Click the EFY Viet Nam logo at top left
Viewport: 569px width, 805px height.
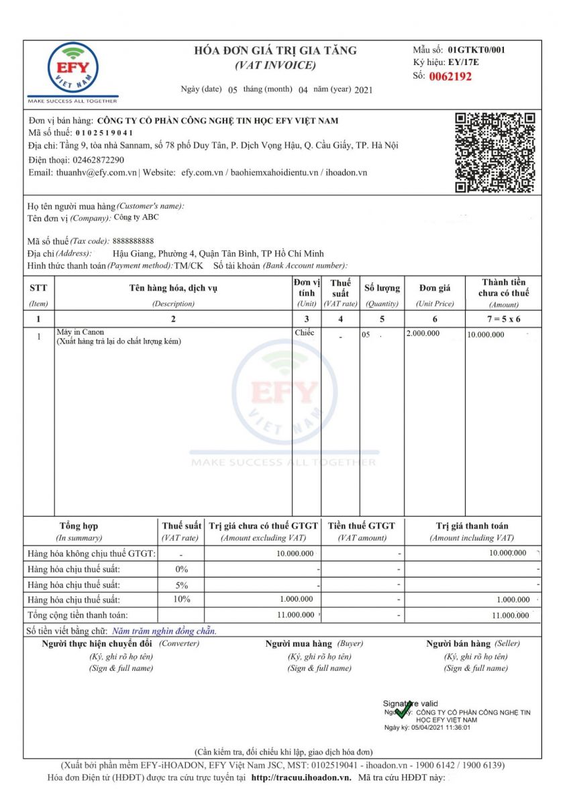pos(72,69)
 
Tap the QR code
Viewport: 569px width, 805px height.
pos(495,152)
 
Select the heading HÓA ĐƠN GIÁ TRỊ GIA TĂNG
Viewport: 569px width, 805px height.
pos(275,51)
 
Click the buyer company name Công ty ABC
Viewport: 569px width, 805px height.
pos(137,217)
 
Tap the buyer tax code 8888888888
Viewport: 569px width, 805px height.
pos(133,241)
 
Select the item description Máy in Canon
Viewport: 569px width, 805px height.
pos(81,332)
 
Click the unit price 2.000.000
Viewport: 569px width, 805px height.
pos(423,333)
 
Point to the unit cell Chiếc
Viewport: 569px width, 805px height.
pos(304,332)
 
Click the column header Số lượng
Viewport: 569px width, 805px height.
pos(382,288)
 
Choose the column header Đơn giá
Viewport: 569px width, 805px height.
pos(435,288)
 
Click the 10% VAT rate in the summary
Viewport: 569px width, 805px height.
pos(181,599)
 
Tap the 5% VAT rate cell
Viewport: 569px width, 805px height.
pos(181,584)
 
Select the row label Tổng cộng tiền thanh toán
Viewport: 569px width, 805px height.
pos(77,614)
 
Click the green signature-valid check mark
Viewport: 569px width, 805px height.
pos(403,711)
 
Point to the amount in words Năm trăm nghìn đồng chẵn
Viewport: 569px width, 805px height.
pos(164,631)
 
